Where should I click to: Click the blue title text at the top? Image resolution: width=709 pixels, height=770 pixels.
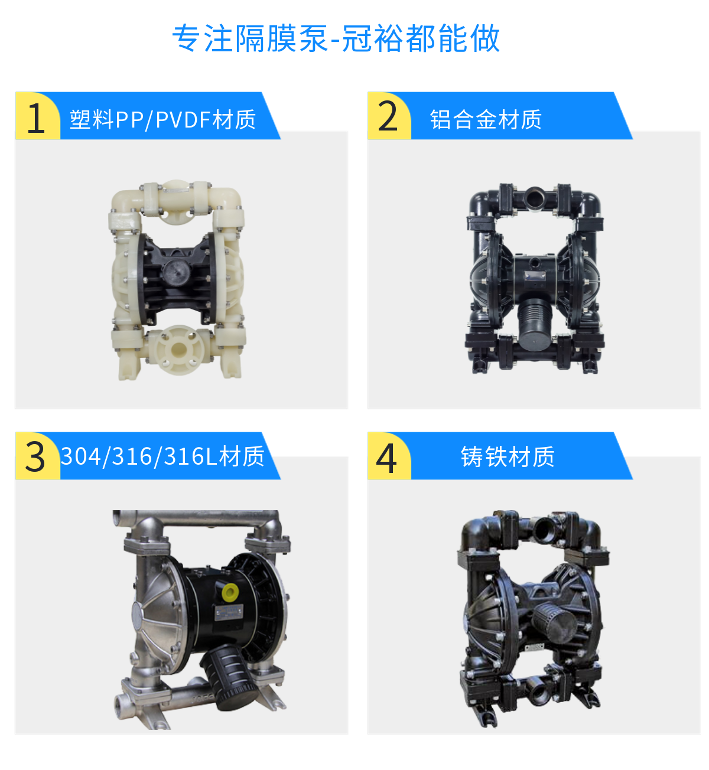[x=336, y=39]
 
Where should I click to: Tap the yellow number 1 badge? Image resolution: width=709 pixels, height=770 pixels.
[x=37, y=117]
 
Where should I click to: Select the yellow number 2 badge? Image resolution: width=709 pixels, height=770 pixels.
[x=388, y=116]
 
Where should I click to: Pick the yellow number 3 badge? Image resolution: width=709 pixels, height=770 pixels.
[x=36, y=456]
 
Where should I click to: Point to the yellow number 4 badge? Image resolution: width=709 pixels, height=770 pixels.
[x=387, y=457]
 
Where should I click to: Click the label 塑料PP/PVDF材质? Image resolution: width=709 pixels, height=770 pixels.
[x=163, y=119]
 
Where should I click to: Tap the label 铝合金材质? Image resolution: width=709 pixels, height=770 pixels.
[x=486, y=119]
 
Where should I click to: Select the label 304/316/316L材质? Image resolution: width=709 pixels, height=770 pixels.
[x=162, y=456]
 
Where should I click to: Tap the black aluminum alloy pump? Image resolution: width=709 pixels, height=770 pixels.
[x=535, y=278]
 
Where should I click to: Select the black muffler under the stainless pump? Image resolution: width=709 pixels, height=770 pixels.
[x=230, y=676]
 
